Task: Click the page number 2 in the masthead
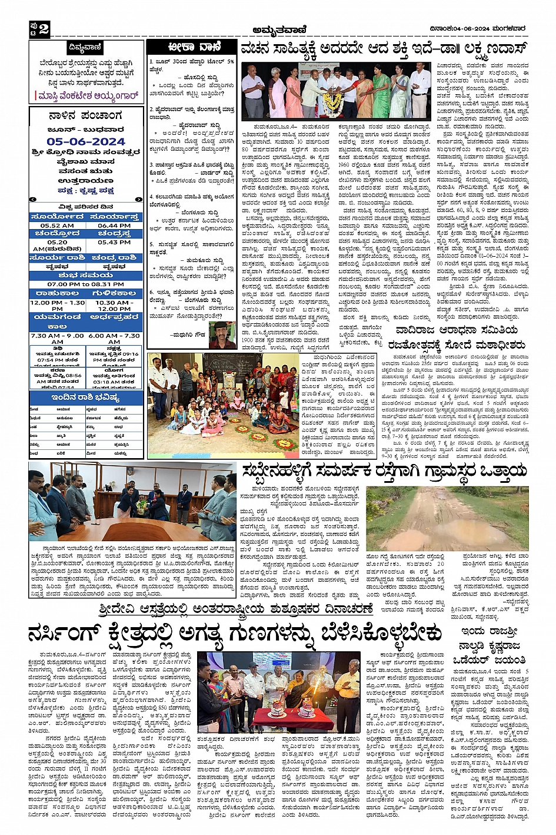click(43, 29)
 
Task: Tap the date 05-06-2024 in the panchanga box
click(86, 142)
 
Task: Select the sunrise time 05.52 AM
click(57, 226)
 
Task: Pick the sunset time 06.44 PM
click(114, 226)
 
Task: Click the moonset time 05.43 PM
click(114, 242)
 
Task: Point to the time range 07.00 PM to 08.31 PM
click(86, 284)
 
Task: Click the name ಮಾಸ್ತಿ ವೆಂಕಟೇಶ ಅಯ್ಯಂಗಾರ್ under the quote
click(88, 95)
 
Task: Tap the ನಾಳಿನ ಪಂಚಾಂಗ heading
click(86, 116)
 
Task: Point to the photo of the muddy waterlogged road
click(447, 518)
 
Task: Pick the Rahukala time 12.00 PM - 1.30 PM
click(57, 306)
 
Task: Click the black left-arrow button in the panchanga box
click(32, 199)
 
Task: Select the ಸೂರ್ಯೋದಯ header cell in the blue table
click(57, 217)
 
